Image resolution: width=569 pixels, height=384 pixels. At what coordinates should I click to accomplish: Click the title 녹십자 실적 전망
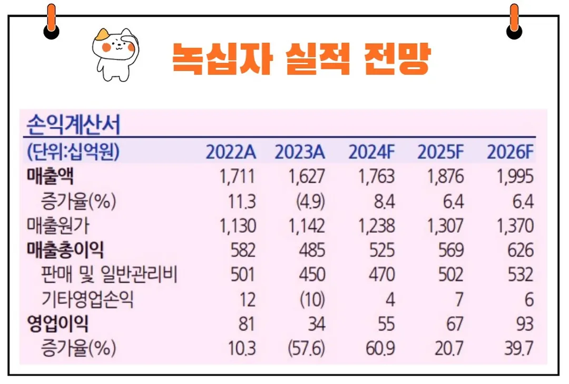[301, 58]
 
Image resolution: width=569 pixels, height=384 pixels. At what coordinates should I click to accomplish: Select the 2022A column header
[231, 152]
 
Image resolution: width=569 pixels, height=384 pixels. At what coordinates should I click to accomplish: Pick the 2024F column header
[371, 152]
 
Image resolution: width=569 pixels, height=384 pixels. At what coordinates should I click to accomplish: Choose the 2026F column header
[510, 152]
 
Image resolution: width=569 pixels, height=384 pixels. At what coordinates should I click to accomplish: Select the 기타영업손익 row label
[87, 300]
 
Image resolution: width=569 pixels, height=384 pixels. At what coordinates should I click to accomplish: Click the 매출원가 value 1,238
[376, 226]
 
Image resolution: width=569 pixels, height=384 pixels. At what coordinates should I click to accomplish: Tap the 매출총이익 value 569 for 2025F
[451, 250]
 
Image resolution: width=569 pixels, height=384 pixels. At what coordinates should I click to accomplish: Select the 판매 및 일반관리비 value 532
[521, 275]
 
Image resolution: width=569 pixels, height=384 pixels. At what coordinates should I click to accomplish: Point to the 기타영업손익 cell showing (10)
[312, 300]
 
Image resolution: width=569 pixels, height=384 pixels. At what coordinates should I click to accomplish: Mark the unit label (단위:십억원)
[73, 152]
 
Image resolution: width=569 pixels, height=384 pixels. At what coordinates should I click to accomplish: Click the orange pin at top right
[514, 21]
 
